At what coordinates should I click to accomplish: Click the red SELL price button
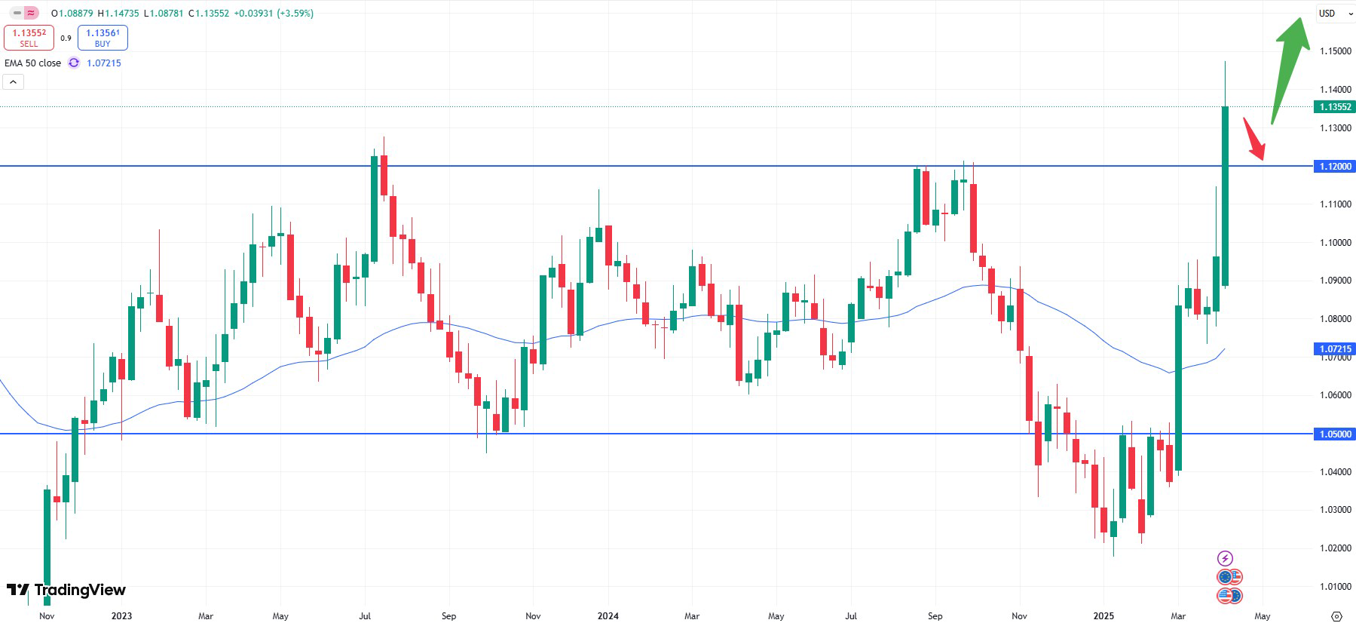point(29,38)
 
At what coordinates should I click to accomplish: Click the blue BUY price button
point(103,38)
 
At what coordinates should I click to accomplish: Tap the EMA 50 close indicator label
point(32,63)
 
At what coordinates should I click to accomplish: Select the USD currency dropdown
point(1333,14)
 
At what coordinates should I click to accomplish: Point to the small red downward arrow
point(1254,140)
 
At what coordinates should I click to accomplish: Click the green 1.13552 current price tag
point(1335,107)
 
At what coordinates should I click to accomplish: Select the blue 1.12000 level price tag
point(1335,166)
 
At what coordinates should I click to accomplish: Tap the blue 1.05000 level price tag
point(1335,434)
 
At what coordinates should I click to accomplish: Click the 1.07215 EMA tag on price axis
point(1335,348)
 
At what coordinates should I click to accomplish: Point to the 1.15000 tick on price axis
point(1335,51)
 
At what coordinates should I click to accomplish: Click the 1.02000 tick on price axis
point(1335,548)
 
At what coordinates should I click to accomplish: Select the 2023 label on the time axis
point(121,616)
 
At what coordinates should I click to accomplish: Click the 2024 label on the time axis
point(608,616)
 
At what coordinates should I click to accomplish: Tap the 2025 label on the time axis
point(1103,616)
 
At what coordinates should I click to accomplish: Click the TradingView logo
point(66,590)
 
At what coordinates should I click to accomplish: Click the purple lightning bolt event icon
point(1225,558)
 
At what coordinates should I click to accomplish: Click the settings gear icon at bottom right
point(1336,616)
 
